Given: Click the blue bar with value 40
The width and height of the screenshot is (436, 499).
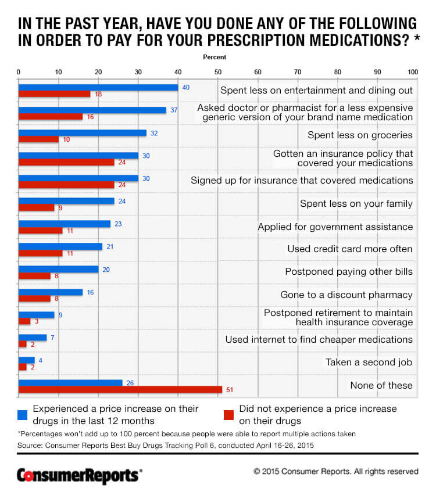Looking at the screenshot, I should click(98, 87).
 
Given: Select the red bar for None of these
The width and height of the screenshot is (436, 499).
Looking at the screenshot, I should click(120, 389).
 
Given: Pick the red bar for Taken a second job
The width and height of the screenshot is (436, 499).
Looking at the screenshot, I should click(23, 367).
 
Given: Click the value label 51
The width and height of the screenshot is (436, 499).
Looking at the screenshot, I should click(228, 389).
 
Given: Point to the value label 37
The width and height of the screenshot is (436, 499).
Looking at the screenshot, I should click(173, 110).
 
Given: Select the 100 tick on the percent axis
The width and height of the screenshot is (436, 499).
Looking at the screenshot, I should click(413, 72).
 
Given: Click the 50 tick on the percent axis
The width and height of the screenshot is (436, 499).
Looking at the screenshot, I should click(217, 72).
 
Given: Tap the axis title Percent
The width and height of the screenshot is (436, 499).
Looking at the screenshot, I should click(215, 58).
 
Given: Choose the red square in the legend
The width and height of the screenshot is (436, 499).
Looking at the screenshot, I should click(229, 414).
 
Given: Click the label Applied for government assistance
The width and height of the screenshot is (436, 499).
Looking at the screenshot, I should click(335, 227).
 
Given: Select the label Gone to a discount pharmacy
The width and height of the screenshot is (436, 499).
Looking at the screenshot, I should click(346, 295).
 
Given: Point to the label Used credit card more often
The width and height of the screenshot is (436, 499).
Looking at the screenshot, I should click(350, 249).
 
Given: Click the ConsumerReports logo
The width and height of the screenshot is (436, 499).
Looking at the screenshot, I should click(78, 475).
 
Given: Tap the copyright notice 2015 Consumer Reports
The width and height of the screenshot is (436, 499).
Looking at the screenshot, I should click(335, 472).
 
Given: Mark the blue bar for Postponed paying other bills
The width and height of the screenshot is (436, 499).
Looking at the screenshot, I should click(59, 269).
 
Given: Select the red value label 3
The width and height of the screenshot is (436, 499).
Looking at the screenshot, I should click(36, 321).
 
